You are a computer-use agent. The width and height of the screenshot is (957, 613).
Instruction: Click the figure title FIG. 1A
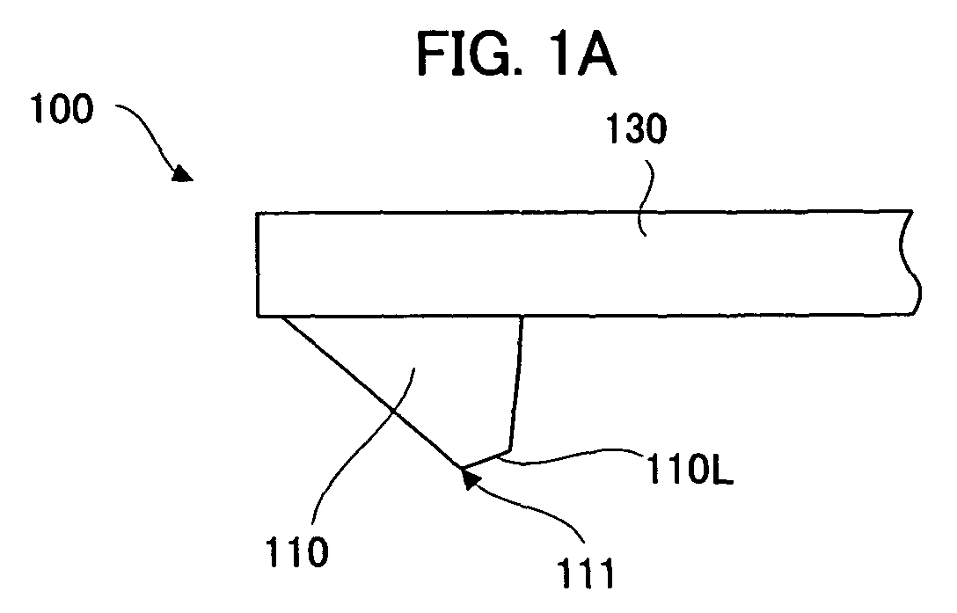tap(517, 55)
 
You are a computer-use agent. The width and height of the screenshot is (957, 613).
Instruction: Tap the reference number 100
tap(62, 109)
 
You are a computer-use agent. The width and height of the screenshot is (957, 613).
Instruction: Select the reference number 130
tap(637, 128)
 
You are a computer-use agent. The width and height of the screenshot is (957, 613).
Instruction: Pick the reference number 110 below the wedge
tap(298, 552)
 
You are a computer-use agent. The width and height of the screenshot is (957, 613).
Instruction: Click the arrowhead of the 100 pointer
tap(182, 173)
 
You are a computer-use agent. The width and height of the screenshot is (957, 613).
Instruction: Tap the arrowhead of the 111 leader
tap(469, 480)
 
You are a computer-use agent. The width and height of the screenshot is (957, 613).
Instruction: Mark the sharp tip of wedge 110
tap(462, 469)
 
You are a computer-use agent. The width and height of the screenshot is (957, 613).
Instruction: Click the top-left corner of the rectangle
tap(257, 213)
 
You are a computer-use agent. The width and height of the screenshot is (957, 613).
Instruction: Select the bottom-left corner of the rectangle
tap(257, 316)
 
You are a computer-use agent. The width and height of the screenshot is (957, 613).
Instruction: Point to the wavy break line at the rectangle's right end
tap(910, 263)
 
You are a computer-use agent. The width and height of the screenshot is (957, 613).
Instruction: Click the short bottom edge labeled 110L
tap(486, 460)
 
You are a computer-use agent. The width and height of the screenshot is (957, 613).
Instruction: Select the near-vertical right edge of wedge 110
tap(516, 383)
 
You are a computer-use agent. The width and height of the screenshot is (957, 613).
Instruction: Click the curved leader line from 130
tap(646, 197)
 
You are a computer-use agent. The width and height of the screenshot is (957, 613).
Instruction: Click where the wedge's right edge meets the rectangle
tap(522, 316)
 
